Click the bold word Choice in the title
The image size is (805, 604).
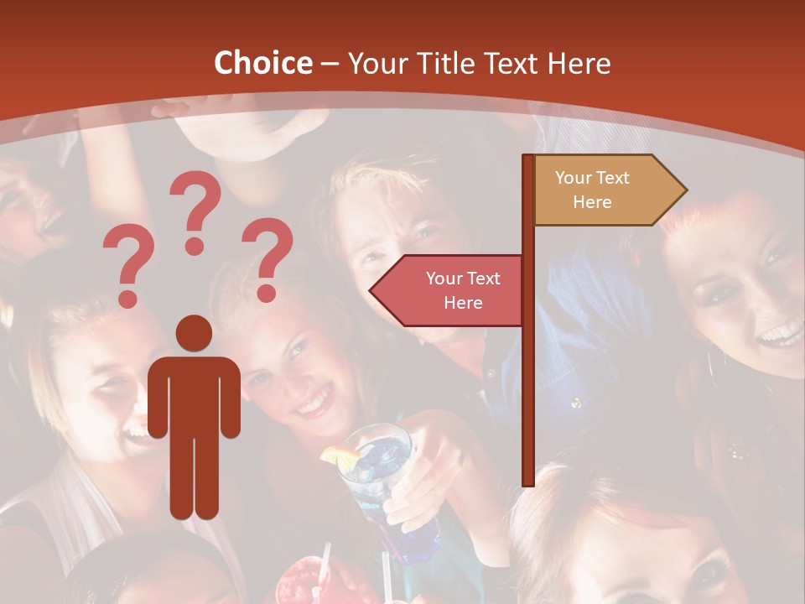[x=262, y=63]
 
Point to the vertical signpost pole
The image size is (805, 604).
[x=528, y=377]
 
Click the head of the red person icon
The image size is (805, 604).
[x=194, y=333]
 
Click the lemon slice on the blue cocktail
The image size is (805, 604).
[x=341, y=456]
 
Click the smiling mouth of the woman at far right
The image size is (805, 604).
[x=779, y=336]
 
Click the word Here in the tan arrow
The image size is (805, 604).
[x=592, y=202]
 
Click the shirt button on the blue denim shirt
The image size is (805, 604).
[x=576, y=403]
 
